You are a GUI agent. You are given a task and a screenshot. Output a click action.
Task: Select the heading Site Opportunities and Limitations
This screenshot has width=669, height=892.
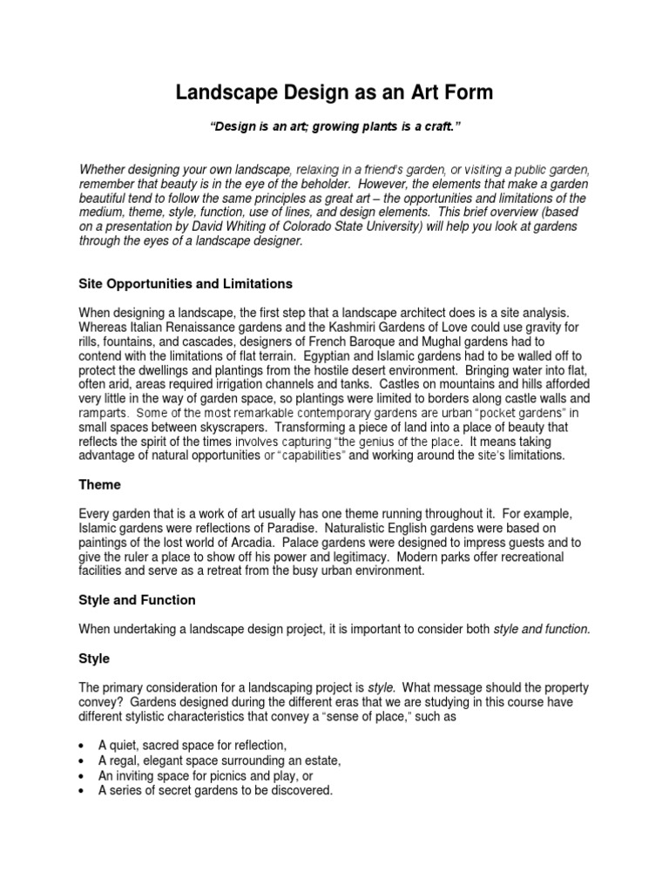click(x=186, y=284)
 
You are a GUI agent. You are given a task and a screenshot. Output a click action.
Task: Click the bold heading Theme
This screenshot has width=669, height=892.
click(x=100, y=484)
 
